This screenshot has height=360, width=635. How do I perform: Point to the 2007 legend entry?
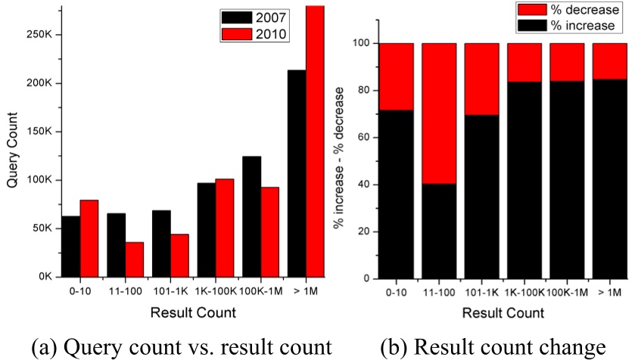click(x=254, y=17)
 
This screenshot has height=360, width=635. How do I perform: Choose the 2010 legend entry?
click(x=254, y=34)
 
